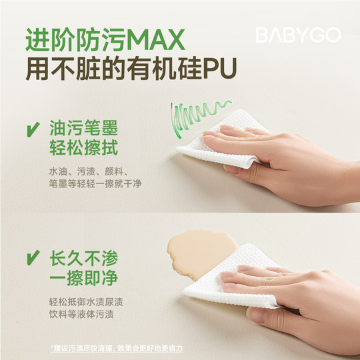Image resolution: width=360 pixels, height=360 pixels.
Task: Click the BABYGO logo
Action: coord(299,36)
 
